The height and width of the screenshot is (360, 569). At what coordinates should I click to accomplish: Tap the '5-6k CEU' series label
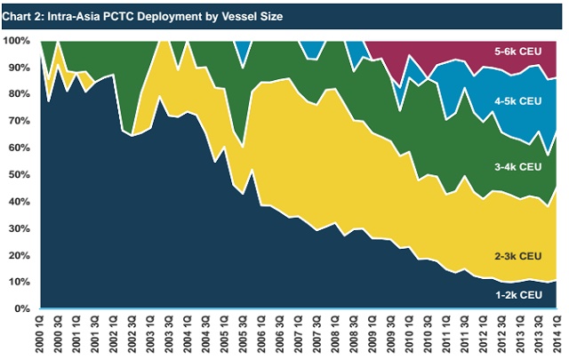(518, 52)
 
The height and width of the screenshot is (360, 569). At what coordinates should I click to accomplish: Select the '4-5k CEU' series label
(518, 102)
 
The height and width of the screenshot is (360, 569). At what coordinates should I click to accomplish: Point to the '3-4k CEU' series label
(518, 167)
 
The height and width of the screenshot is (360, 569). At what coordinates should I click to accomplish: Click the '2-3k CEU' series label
(518, 256)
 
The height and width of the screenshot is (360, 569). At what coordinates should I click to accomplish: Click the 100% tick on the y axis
(18, 41)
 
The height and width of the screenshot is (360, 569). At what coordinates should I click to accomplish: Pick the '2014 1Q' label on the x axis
(558, 334)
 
